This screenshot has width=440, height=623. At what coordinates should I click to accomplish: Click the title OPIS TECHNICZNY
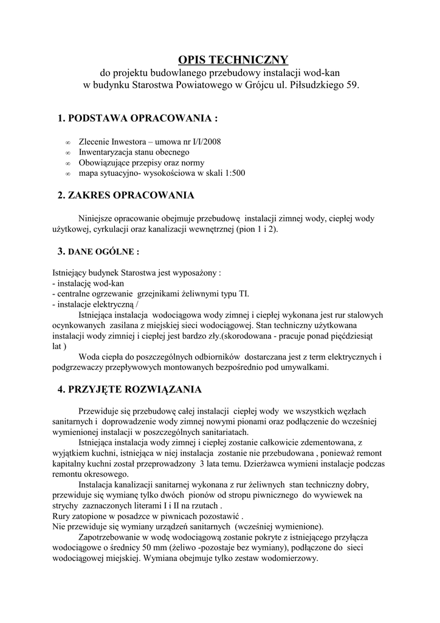233,60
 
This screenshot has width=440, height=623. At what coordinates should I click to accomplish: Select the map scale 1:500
233,173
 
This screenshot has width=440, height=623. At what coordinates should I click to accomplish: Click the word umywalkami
300,367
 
